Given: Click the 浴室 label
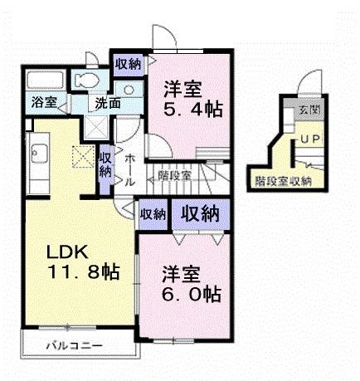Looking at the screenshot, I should pos(44,103).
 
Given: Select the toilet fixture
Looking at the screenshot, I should pos(86,81).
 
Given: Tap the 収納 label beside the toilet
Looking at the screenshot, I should pos(128,63).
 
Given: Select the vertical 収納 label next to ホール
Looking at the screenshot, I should pos(105,164).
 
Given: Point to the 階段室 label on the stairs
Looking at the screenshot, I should pos(175,174).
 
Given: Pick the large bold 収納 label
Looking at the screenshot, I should pos(202,213).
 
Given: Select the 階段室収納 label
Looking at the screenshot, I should pos(283,180).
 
